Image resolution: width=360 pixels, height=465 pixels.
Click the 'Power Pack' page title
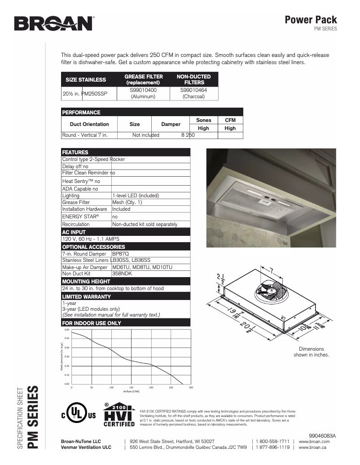click(x=311, y=20)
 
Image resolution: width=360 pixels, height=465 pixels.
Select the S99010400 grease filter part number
click(x=143, y=90)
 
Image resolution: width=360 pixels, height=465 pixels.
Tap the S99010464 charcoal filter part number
click(x=193, y=90)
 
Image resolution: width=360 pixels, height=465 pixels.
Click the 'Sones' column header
click(x=203, y=120)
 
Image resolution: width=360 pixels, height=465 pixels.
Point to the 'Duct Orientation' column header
click(x=89, y=124)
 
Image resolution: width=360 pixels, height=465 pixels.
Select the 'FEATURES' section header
click(x=75, y=152)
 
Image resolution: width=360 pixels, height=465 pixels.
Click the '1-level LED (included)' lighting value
click(x=136, y=196)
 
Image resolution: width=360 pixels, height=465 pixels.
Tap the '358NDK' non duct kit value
click(x=120, y=273)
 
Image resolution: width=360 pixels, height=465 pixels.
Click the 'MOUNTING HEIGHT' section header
click(x=86, y=281)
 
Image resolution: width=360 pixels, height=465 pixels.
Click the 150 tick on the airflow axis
click(x=131, y=387)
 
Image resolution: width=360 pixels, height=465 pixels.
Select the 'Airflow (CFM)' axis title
click(x=131, y=391)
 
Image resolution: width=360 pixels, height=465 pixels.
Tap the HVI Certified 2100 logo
click(x=119, y=415)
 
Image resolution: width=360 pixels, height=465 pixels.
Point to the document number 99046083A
click(x=322, y=435)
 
